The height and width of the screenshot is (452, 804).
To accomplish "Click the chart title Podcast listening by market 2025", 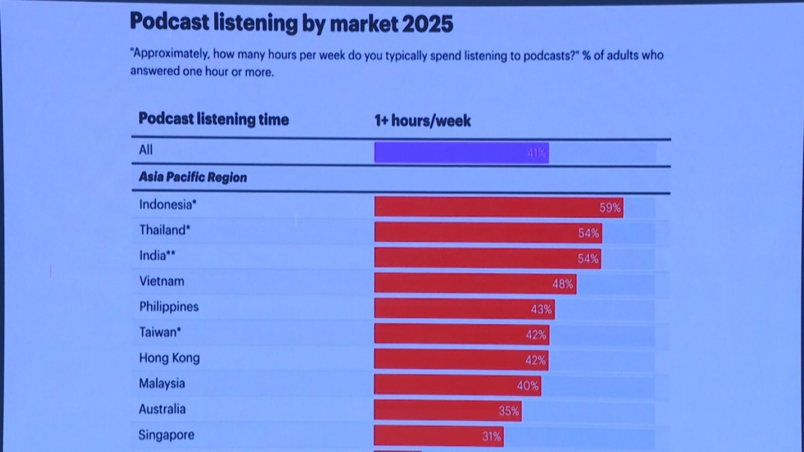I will coord(291,24).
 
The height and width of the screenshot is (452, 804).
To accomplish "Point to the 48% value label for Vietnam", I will coord(562,284).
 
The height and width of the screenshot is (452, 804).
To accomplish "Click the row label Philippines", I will coord(169,307).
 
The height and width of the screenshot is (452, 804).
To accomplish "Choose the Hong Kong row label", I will coord(169,358).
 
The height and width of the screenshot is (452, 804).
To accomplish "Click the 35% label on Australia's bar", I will coord(509,411).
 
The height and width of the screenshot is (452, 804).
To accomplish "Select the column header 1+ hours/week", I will coord(423,120).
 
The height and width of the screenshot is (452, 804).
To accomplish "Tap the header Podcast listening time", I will coord(214,119).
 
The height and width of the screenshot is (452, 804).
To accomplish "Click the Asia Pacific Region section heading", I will coord(193,178).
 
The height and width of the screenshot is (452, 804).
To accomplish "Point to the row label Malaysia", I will coord(162,383).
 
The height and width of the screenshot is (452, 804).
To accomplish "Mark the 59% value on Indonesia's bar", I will coord(610,207).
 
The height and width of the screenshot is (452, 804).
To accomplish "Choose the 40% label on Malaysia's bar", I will coord(527,386).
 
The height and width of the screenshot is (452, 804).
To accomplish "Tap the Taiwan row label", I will coord(160,332).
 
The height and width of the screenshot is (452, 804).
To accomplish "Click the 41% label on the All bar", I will coord(537,153).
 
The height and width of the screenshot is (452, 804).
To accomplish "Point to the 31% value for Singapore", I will coord(491,436).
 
